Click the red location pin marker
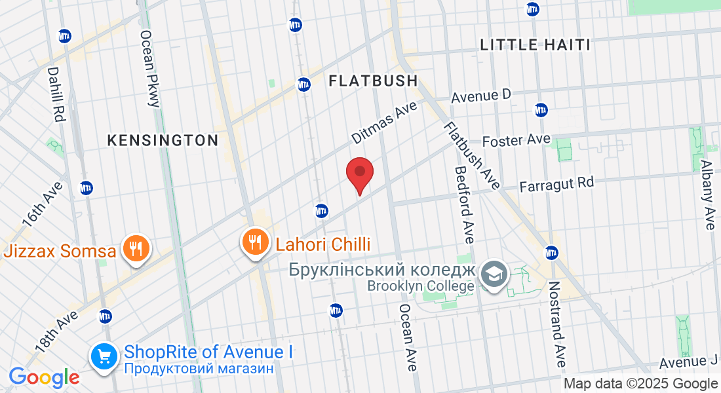click(x=359, y=174)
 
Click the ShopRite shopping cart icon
click(x=104, y=357)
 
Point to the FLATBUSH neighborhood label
click(x=373, y=81)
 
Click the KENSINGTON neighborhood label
click(x=163, y=140)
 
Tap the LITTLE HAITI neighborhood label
click(x=536, y=45)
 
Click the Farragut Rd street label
click(x=556, y=185)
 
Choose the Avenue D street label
click(x=480, y=96)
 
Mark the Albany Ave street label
click(x=707, y=195)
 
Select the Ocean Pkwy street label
click(x=149, y=68)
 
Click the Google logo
click(x=44, y=377)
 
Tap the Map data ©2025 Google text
click(x=640, y=384)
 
